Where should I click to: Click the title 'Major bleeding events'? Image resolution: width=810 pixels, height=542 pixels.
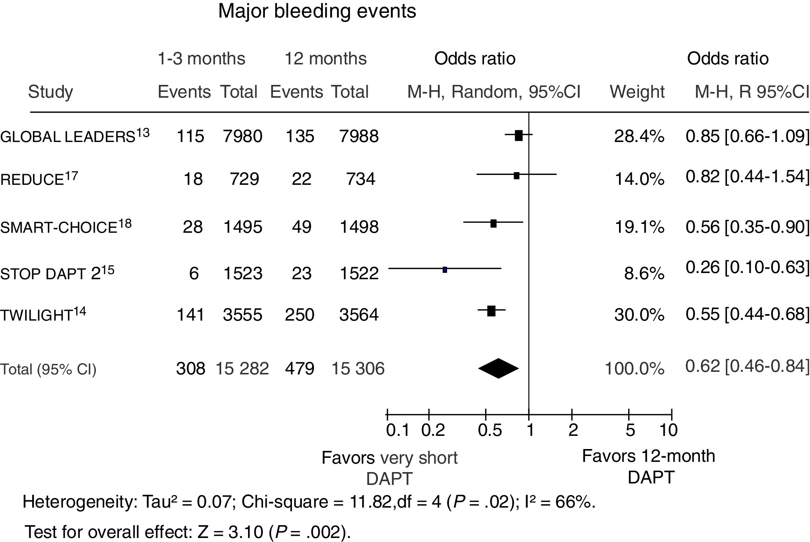tap(317, 11)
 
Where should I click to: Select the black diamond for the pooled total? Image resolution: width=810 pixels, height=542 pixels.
tap(498, 368)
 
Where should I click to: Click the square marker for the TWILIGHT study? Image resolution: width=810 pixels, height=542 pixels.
tap(491, 311)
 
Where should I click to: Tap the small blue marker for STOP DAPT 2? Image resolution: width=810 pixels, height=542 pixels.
tap(445, 270)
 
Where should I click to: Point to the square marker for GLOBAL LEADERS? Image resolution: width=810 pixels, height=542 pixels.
tap(518, 135)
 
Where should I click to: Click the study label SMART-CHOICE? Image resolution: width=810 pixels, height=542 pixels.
tap(59, 228)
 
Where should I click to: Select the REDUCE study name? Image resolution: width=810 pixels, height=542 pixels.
tap(32, 179)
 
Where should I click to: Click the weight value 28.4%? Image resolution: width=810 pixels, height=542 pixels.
tap(639, 137)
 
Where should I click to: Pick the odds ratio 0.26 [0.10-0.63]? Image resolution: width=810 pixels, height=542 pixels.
tap(747, 268)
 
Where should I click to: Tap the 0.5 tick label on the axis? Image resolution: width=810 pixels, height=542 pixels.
tap(490, 430)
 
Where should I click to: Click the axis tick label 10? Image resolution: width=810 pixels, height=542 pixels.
tap(668, 430)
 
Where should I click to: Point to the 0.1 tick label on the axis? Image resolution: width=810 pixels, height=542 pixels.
tap(398, 430)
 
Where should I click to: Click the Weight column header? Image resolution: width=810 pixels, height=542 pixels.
tap(637, 91)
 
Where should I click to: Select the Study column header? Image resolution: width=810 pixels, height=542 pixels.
tap(50, 91)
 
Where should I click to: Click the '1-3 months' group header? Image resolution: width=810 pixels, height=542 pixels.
tap(201, 59)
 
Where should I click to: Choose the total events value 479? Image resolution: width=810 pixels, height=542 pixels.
tap(299, 368)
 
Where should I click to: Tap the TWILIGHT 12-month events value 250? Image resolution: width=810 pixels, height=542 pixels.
tap(299, 315)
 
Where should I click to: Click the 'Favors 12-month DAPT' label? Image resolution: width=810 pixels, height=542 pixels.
tap(648, 467)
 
